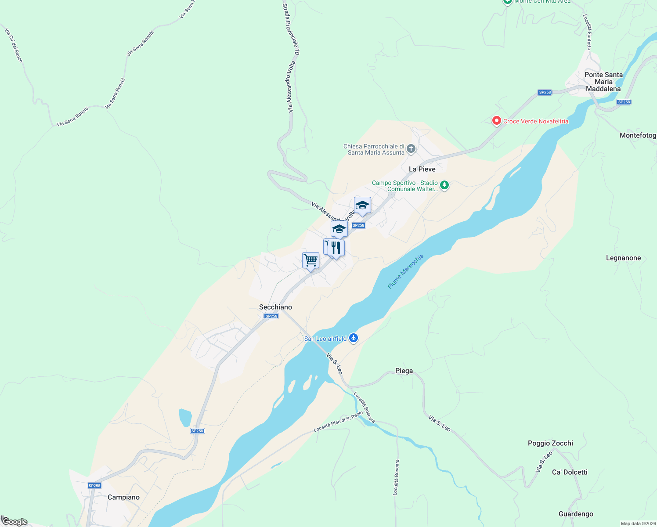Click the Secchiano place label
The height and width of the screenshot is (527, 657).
pyautogui.click(x=275, y=307)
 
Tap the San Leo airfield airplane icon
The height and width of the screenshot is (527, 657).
pyautogui.click(x=354, y=338)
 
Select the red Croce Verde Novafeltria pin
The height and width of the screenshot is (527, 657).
pyautogui.click(x=496, y=121)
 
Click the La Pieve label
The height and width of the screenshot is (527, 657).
pyautogui.click(x=422, y=169)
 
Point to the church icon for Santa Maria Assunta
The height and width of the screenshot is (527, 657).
pyautogui.click(x=411, y=149)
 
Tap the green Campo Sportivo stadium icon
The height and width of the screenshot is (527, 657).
pyautogui.click(x=444, y=185)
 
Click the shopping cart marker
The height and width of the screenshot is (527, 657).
pyautogui.click(x=310, y=260)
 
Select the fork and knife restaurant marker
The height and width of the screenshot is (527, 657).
pyautogui.click(x=336, y=248)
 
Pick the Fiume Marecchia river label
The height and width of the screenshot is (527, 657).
pyautogui.click(x=405, y=271)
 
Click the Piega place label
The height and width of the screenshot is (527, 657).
pyautogui.click(x=404, y=371)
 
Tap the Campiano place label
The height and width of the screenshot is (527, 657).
pyautogui.click(x=123, y=497)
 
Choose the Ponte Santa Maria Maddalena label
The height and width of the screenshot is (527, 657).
pyautogui.click(x=603, y=82)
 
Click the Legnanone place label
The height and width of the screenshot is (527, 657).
pyautogui.click(x=623, y=258)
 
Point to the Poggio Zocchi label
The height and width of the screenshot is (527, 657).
pyautogui.click(x=550, y=443)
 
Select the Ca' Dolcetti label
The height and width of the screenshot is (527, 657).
pyautogui.click(x=570, y=472)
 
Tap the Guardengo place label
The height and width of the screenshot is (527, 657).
pyautogui.click(x=576, y=514)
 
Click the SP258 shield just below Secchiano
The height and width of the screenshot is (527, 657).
pyautogui.click(x=271, y=316)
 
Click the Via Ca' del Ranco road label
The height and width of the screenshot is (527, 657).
pyautogui.click(x=14, y=45)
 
